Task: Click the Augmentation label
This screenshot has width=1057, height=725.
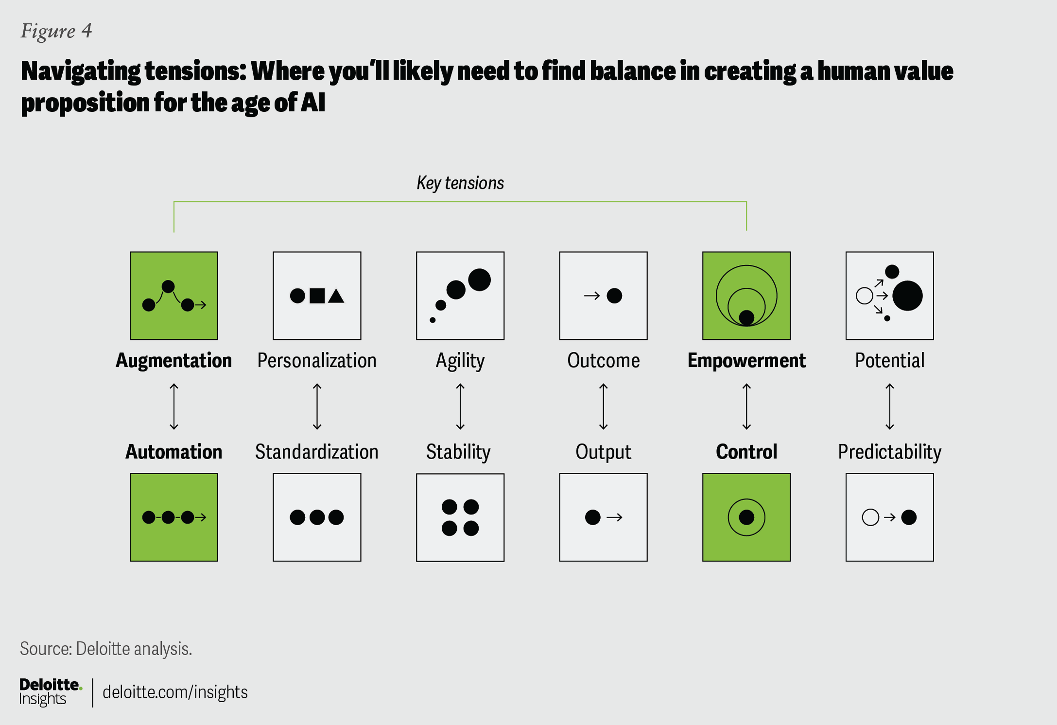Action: pyautogui.click(x=174, y=361)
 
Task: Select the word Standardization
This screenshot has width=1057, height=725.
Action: pyautogui.click(x=317, y=452)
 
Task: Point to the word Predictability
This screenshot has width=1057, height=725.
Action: pyautogui.click(x=890, y=452)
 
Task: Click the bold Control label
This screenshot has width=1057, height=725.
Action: pyautogui.click(x=746, y=452)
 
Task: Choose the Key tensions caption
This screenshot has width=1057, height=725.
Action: pyautogui.click(x=460, y=183)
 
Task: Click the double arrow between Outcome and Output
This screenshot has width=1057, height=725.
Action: pyautogui.click(x=603, y=407)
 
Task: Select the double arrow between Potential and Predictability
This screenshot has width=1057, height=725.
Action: pyautogui.click(x=890, y=407)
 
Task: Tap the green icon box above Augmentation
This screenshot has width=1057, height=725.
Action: pyautogui.click(x=174, y=295)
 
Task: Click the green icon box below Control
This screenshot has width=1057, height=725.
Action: pyautogui.click(x=746, y=518)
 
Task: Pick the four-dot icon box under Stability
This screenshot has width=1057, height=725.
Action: pyautogui.click(x=460, y=518)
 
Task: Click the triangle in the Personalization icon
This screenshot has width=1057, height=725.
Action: pyautogui.click(x=336, y=296)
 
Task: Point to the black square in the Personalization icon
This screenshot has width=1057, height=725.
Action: pyautogui.click(x=317, y=296)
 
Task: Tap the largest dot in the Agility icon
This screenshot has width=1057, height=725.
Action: pyautogui.click(x=480, y=280)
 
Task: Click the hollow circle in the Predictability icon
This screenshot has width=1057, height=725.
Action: pyautogui.click(x=870, y=518)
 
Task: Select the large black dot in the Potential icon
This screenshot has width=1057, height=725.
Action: pyautogui.click(x=907, y=295)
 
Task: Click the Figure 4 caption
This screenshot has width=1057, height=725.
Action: pyautogui.click(x=56, y=31)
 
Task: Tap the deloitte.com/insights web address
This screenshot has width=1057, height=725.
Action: pyautogui.click(x=175, y=692)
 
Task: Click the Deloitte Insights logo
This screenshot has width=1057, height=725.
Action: pyautogui.click(x=51, y=692)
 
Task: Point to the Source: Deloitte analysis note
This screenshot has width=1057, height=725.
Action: pyautogui.click(x=106, y=649)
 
